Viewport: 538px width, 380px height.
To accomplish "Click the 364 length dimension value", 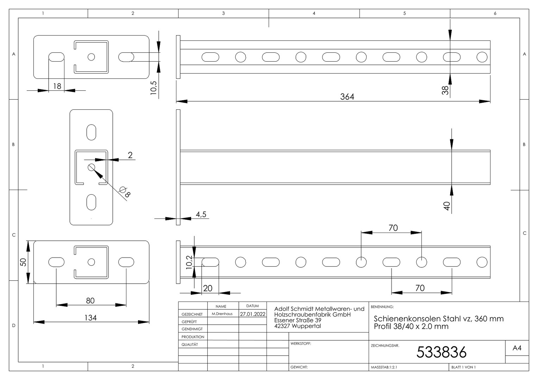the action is click(x=347, y=97).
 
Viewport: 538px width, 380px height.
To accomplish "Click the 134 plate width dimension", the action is click(x=90, y=318).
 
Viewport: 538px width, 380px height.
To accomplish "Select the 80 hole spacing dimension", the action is click(x=90, y=300).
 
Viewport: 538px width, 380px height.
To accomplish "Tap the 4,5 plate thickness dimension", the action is click(x=201, y=214).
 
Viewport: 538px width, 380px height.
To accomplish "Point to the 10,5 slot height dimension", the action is click(x=154, y=88).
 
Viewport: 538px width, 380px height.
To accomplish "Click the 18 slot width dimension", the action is click(x=57, y=86).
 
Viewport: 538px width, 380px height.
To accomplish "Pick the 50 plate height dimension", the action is click(x=23, y=262).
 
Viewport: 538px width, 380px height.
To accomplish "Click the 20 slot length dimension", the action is click(x=208, y=288).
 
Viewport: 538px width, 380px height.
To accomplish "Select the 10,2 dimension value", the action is click(x=189, y=262).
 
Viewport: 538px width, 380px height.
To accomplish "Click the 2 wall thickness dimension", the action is click(x=130, y=155).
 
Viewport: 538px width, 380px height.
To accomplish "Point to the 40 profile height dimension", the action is click(x=446, y=206).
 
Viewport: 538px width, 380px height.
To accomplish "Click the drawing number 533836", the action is click(x=442, y=352).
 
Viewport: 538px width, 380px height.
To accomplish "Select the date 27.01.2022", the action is click(x=253, y=314).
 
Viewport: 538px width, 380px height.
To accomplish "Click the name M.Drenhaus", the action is click(x=222, y=314).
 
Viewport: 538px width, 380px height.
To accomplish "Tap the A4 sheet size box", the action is click(x=517, y=348).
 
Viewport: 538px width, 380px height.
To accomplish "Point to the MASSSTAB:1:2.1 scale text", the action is click(x=384, y=367).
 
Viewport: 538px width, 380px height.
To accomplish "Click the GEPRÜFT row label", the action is click(x=189, y=322).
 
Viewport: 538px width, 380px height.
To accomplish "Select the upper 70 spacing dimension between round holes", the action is click(x=393, y=228).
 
